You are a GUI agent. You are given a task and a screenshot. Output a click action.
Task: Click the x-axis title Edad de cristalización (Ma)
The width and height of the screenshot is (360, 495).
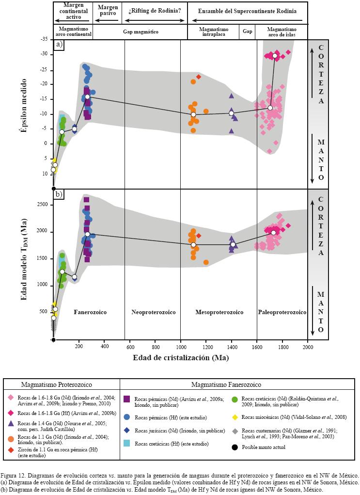click(180, 358)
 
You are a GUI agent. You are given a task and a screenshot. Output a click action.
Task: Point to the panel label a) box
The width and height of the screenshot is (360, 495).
click(59, 45)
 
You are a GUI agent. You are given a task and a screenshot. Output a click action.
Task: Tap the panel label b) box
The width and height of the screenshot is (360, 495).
click(59, 195)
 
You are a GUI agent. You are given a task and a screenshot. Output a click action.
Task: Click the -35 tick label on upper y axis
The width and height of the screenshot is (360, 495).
click(45, 39)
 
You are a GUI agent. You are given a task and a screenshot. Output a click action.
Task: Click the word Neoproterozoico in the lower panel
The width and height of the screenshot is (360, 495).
click(153, 312)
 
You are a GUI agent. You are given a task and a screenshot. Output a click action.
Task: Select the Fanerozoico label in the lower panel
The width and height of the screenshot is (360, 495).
click(90, 312)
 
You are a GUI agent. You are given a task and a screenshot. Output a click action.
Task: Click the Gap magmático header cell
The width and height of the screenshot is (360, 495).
click(140, 32)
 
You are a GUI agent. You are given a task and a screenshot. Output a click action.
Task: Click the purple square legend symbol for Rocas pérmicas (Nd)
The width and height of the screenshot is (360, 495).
click(127, 399)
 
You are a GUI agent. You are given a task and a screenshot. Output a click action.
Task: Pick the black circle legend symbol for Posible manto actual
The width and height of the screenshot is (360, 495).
click(234, 447)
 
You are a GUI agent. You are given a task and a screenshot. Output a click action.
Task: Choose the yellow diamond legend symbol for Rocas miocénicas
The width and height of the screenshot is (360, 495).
click(234, 417)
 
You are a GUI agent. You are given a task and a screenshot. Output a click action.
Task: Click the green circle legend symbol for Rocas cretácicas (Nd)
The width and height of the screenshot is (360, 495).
click(234, 399)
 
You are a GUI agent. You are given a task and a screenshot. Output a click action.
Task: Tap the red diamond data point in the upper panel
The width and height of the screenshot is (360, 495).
click(199, 77)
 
